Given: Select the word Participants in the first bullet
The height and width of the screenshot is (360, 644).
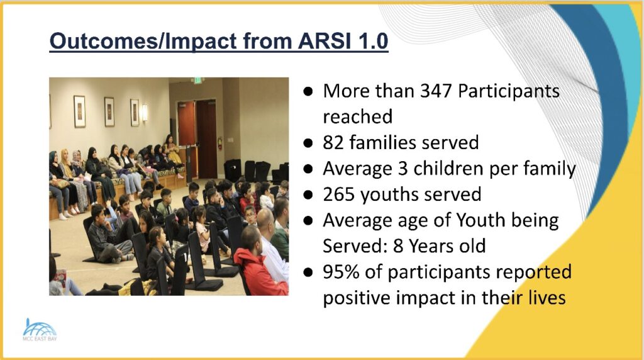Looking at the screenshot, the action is point(508,91).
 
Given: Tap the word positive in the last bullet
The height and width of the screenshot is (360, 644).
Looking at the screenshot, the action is point(356,298).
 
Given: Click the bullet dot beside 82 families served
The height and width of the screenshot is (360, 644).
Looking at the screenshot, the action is point(308,143).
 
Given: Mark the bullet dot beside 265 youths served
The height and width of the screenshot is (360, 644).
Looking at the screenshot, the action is point(308,195).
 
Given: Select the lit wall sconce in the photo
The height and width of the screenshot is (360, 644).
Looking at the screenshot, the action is point(145,112).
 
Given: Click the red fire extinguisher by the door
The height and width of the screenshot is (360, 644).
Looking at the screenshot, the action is point(219,143).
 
